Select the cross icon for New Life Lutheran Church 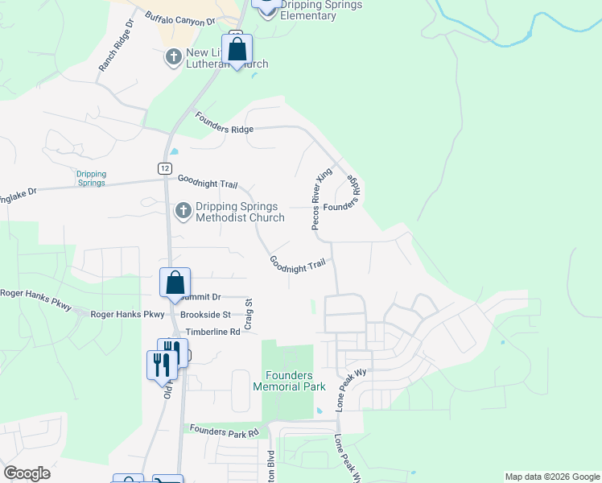click(x=173, y=57)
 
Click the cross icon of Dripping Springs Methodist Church click(x=183, y=211)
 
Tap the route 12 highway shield click(x=164, y=167)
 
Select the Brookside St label click(x=205, y=315)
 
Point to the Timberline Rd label click(x=213, y=332)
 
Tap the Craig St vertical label click(x=249, y=312)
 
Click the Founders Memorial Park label click(x=290, y=380)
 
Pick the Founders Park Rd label click(x=225, y=431)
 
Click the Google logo click(x=27, y=473)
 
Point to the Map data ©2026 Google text click(x=551, y=477)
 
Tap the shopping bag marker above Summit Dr click(x=175, y=283)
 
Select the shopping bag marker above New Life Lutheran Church click(x=237, y=49)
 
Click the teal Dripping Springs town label click(x=91, y=178)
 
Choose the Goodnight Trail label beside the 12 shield click(x=208, y=183)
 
